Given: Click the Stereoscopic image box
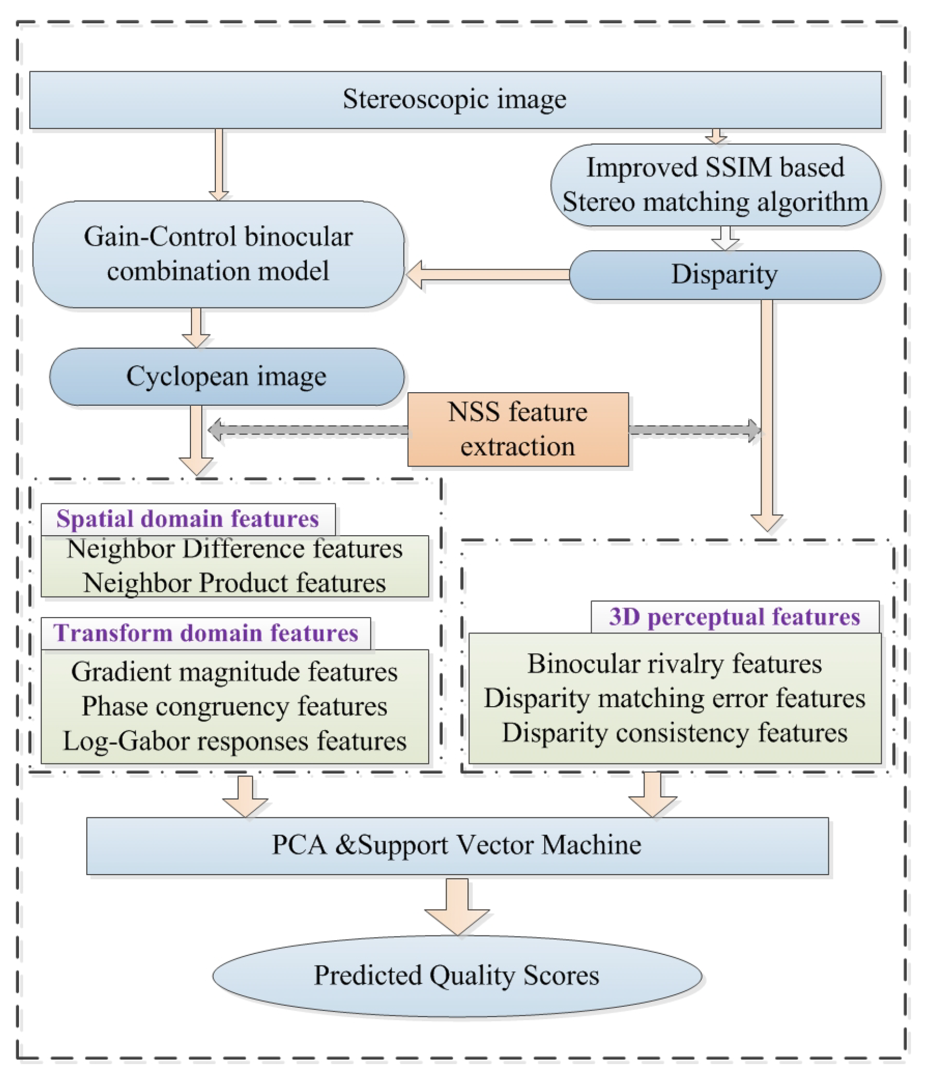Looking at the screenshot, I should pyautogui.click(x=455, y=99).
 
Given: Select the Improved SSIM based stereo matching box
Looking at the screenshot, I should pyautogui.click(x=715, y=184).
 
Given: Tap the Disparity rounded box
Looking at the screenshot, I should pyautogui.click(x=724, y=275).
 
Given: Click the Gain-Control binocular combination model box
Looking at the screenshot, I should pyautogui.click(x=218, y=254).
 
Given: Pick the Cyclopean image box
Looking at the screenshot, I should pyautogui.click(x=226, y=376).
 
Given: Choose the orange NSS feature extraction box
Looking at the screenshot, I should pyautogui.click(x=517, y=429).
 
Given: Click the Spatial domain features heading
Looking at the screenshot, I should pyautogui.click(x=187, y=519).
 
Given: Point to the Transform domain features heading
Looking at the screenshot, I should pyautogui.click(x=205, y=633).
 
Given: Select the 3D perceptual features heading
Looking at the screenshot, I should pyautogui.click(x=734, y=617).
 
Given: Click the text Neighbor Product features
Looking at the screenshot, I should pyautogui.click(x=234, y=583).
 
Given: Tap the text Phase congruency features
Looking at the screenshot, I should pyautogui.click(x=234, y=706).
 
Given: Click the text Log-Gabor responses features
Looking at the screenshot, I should pyautogui.click(x=234, y=741).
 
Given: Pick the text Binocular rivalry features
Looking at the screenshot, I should pyautogui.click(x=674, y=664).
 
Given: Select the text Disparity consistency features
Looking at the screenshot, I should pyautogui.click(x=674, y=732).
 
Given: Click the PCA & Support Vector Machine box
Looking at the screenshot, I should pyautogui.click(x=457, y=845).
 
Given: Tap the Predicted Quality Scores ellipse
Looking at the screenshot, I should pyautogui.click(x=456, y=975).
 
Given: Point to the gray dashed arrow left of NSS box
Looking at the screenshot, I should pyautogui.click(x=309, y=430).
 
